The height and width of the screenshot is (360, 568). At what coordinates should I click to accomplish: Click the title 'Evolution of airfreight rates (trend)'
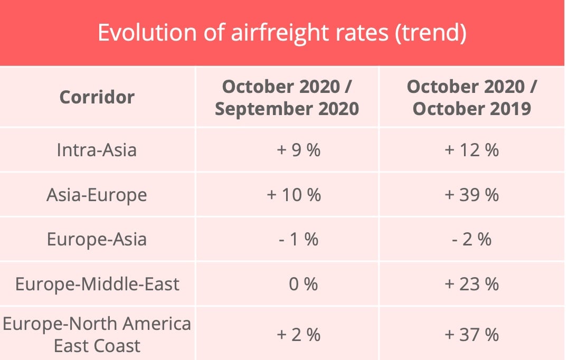pyautogui.click(x=282, y=33)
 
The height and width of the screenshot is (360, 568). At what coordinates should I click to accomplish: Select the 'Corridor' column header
pyautogui.click(x=97, y=97)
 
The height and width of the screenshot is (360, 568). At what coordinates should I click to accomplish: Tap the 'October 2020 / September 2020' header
pyautogui.click(x=287, y=97)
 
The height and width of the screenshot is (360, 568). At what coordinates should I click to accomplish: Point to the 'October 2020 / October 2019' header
pyautogui.click(x=471, y=97)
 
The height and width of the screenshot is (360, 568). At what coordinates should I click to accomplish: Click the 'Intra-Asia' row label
pyautogui.click(x=97, y=150)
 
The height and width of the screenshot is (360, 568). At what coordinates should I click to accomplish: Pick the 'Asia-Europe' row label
pyautogui.click(x=97, y=195)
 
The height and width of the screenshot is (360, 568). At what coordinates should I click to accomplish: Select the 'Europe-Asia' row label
pyautogui.click(x=97, y=239)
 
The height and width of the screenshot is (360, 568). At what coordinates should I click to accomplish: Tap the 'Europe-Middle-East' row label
pyautogui.click(x=97, y=284)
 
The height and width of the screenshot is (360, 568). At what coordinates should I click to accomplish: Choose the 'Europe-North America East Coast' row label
pyautogui.click(x=97, y=334)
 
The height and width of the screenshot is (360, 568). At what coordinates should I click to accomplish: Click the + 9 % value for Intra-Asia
pyautogui.click(x=298, y=150)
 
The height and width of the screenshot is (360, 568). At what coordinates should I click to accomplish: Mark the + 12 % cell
pyautogui.click(x=471, y=150)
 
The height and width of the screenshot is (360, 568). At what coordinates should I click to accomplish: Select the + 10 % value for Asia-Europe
pyautogui.click(x=294, y=195)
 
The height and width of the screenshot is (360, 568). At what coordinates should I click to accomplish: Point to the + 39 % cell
pyautogui.click(x=471, y=195)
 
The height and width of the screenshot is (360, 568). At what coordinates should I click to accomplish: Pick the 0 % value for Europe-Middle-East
pyautogui.click(x=304, y=284)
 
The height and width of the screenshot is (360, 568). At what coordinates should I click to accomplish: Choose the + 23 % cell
pyautogui.click(x=471, y=284)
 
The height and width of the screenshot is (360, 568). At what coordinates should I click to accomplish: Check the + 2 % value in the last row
pyautogui.click(x=298, y=334)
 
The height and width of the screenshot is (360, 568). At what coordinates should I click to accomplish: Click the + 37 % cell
pyautogui.click(x=471, y=334)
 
